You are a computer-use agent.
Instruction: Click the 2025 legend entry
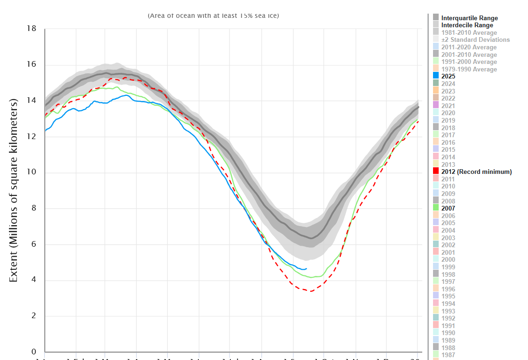coord(448,76)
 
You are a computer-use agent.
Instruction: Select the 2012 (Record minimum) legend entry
coord(476,172)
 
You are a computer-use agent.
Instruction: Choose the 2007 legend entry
coord(448,208)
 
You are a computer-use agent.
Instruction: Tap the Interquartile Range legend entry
coord(469,18)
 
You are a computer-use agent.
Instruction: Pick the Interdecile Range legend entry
coord(467,25)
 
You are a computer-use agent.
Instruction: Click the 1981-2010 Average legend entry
coord(469,32)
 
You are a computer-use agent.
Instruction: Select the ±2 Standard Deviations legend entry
coord(475,40)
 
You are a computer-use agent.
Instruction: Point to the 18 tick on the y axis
coord(32,29)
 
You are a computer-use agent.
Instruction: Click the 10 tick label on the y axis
coord(32,172)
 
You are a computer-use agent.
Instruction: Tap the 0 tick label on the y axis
coord(33,352)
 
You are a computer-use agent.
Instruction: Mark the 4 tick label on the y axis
coord(33,281)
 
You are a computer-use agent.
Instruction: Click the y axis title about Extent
coord(14,190)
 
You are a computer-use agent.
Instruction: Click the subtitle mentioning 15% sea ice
coord(213,16)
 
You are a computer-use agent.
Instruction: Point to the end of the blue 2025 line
coord(307,269)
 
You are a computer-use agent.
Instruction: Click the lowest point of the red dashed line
coord(308,291)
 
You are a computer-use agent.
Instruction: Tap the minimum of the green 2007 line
coord(312,277)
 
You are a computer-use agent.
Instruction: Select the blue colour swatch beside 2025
coord(435,76)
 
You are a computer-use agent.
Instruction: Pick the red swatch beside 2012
coord(435,172)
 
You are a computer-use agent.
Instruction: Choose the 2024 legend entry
coord(448,84)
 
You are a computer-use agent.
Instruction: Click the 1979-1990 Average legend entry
coord(469,69)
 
